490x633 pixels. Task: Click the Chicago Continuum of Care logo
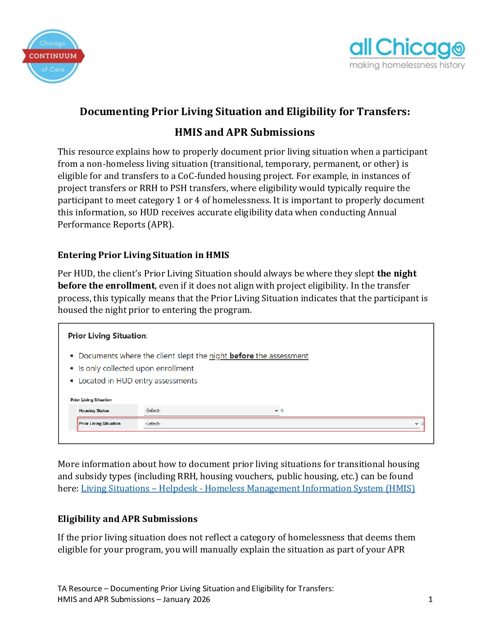[53, 56]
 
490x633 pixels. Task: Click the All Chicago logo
[407, 48]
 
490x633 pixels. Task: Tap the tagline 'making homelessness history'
[407, 65]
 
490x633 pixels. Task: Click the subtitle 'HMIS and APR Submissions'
[245, 132]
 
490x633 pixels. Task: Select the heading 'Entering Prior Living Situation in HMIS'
[143, 255]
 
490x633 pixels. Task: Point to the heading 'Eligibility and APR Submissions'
[127, 519]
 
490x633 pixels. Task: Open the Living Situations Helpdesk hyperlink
[248, 488]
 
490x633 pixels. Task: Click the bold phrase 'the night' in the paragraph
[396, 273]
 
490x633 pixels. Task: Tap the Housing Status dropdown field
[211, 410]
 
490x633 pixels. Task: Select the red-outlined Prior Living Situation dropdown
[281, 423]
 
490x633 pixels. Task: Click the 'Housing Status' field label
[94, 410]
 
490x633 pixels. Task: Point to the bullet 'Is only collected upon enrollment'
[136, 368]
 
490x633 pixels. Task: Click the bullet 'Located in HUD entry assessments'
[138, 381]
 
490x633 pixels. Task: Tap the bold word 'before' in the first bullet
[241, 356]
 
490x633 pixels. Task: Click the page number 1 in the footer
[430, 599]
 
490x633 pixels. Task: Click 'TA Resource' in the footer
[80, 588]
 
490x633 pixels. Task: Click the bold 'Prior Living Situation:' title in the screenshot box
[108, 336]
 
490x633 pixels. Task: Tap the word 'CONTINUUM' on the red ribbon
[53, 56]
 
